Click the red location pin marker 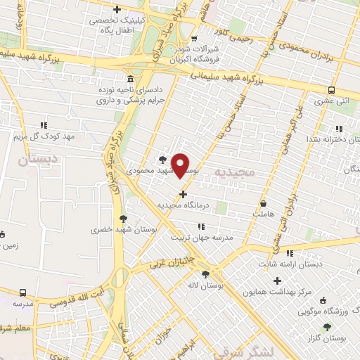click(x=181, y=165)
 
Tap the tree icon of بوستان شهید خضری click(x=124, y=219)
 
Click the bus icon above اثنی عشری click(x=331, y=90)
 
